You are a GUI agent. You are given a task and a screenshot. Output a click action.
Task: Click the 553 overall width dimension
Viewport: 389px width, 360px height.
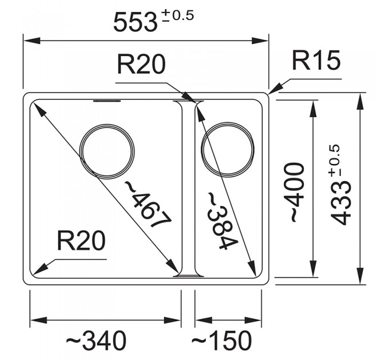click(x=135, y=22)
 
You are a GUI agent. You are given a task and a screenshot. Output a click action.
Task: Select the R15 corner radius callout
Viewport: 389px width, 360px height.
click(x=316, y=61)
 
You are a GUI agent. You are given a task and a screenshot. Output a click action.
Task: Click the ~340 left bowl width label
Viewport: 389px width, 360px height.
click(x=96, y=341)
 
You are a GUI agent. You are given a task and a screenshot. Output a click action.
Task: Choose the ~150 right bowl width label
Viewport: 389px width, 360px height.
click(x=221, y=341)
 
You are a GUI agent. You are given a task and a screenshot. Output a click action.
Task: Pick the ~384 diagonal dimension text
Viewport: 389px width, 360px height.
click(x=221, y=221)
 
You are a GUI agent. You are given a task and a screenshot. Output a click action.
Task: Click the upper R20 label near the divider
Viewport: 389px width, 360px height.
click(x=141, y=65)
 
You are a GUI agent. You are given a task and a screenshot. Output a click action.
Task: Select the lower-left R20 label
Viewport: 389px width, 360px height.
click(x=81, y=241)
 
